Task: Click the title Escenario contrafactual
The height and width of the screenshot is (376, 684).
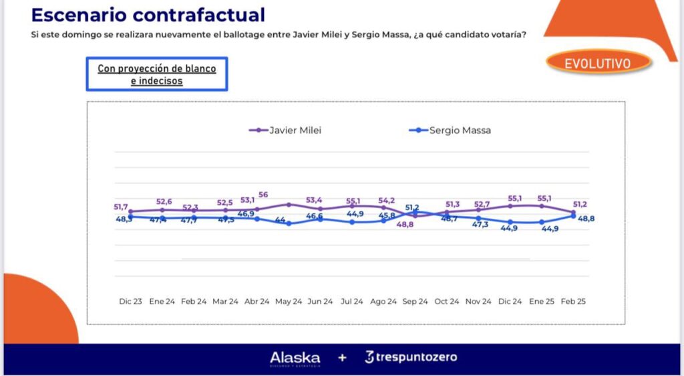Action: (x=148, y=15)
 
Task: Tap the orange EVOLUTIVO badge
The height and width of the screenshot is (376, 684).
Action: (x=598, y=63)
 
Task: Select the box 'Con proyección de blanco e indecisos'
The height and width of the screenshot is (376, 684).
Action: (x=157, y=74)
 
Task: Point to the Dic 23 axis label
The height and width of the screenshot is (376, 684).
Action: (x=130, y=302)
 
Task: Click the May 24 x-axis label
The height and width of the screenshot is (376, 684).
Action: (x=289, y=302)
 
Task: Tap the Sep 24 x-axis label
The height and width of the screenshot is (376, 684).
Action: (x=415, y=302)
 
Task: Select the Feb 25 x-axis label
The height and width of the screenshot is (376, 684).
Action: (x=573, y=302)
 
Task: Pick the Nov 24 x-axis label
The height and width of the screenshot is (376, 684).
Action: (x=478, y=302)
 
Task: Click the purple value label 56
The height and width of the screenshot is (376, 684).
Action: (x=263, y=195)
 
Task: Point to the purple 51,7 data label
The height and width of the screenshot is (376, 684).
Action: (x=122, y=207)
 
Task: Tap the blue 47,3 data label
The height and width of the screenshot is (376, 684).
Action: (x=480, y=225)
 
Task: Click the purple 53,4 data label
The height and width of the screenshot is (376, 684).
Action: (x=314, y=199)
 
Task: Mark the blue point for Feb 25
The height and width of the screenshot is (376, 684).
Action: (x=574, y=215)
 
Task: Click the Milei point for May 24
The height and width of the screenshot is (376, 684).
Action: (x=289, y=204)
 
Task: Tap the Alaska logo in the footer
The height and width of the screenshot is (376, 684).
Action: (x=295, y=357)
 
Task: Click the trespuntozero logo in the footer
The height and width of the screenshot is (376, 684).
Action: (x=411, y=357)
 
